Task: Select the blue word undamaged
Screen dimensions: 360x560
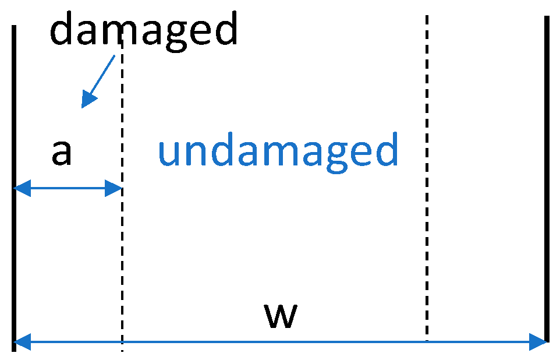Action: point(278,150)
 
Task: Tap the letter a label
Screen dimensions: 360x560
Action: point(62,153)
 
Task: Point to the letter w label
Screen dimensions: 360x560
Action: point(281,315)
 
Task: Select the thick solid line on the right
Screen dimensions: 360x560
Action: point(547,175)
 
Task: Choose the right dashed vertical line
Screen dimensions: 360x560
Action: point(427,175)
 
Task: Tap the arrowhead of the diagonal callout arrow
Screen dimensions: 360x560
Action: point(88,100)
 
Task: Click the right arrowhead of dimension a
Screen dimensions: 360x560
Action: point(114,188)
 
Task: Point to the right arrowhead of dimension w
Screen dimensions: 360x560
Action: point(538,342)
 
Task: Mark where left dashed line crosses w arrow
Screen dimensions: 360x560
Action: point(122,342)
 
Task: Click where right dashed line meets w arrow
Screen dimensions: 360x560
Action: point(427,342)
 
